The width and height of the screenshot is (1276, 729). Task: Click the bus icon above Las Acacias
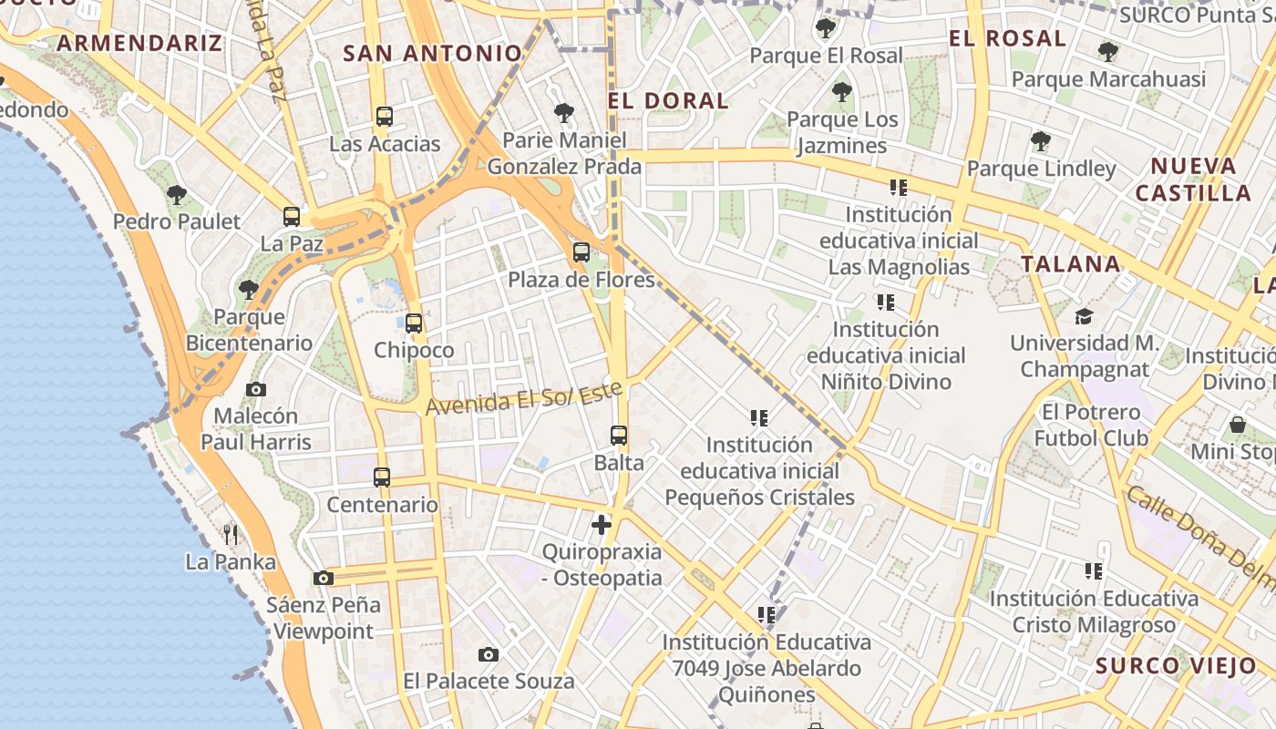point(384,117)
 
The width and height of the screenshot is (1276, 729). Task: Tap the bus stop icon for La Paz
point(292,217)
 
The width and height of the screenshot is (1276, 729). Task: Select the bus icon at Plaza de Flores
point(581,252)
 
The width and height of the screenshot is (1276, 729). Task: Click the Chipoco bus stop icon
point(414,323)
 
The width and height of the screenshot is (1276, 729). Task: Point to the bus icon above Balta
point(619,436)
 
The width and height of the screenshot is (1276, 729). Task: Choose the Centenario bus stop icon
point(382,477)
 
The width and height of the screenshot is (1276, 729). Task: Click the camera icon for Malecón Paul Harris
point(256,389)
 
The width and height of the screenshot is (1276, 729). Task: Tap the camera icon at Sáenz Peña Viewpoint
point(323,578)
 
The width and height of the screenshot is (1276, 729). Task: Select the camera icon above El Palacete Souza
point(489,654)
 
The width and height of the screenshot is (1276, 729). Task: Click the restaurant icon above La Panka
point(231,534)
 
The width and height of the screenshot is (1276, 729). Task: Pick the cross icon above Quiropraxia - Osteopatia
point(602,524)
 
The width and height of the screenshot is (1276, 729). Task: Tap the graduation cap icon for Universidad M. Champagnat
point(1084,316)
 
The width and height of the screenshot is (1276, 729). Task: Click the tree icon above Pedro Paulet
point(177,194)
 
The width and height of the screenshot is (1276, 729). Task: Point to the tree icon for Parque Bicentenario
point(248,290)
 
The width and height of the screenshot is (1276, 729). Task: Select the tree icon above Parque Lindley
point(1041,141)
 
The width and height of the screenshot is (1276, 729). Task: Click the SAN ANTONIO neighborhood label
point(432,54)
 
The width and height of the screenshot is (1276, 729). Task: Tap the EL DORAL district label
point(668,101)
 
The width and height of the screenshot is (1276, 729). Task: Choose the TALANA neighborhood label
point(1070,264)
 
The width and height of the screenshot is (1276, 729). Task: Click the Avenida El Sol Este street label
point(524,398)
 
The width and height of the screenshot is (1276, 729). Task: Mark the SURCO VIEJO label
point(1177,665)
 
